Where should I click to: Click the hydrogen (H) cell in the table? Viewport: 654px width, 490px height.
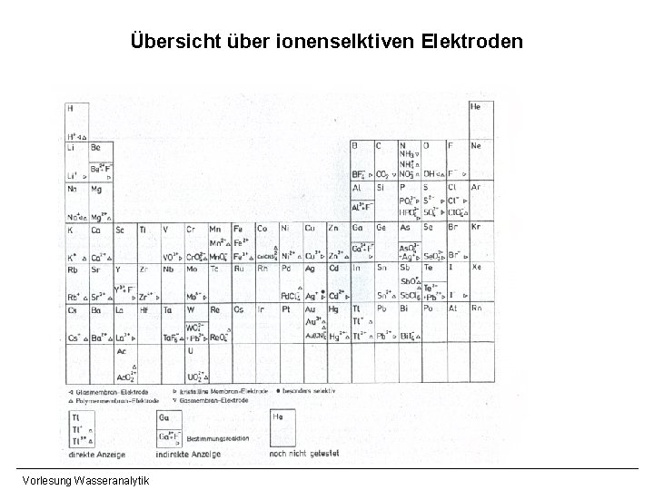click(76, 120)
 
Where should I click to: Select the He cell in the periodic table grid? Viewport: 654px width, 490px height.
click(481, 119)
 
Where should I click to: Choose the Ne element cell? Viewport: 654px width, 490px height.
click(481, 159)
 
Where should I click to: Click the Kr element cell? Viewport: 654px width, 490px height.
click(481, 240)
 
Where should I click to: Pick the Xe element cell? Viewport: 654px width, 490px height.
click(481, 281)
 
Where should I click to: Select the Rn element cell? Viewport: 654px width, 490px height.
click(481, 323)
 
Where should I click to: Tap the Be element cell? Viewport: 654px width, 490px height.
click(100, 159)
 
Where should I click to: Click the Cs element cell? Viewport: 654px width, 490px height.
click(76, 323)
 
